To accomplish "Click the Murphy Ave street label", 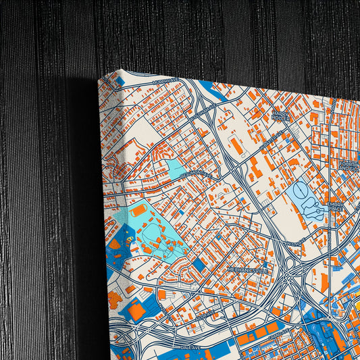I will tap(165, 80).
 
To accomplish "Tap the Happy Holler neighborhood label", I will tap(280, 116).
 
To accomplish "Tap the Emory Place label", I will tap(336, 205).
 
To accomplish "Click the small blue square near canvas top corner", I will tap(121, 82).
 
